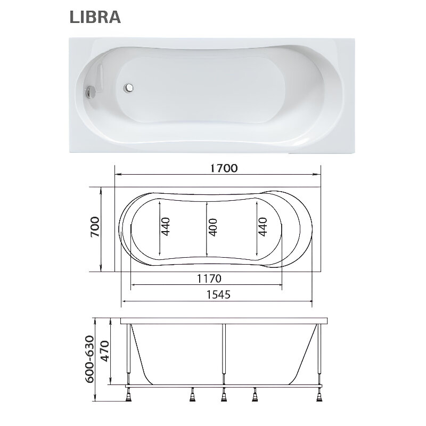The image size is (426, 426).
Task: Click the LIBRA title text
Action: (95, 17)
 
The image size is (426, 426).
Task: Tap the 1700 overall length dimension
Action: (224, 168)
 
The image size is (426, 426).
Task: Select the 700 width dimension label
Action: (95, 227)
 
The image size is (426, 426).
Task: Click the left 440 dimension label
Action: (166, 226)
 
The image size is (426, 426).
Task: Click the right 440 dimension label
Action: (263, 227)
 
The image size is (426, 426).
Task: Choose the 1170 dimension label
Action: (209, 278)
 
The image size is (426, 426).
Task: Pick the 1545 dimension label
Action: (218, 294)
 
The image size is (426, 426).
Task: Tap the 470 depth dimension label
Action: (104, 351)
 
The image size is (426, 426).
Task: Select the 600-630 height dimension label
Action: (89, 359)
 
